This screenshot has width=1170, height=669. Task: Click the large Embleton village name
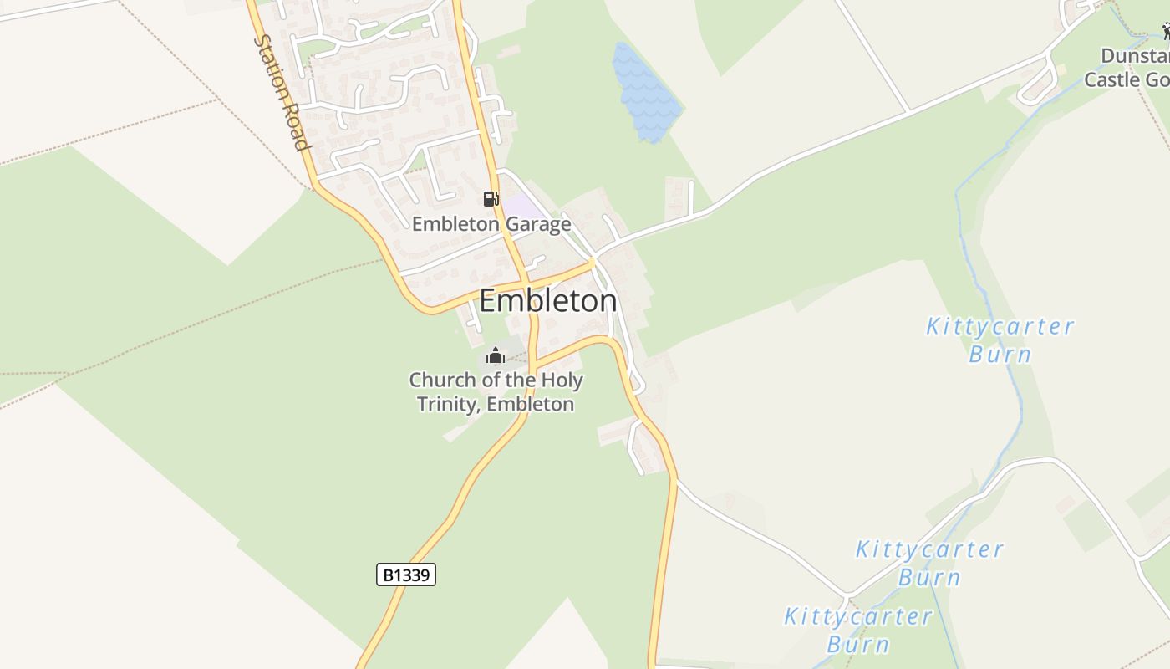tap(547, 301)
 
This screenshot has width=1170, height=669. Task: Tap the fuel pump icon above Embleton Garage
tap(491, 199)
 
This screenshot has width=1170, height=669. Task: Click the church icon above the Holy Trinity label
tap(496, 356)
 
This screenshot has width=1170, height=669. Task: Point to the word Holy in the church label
tap(561, 380)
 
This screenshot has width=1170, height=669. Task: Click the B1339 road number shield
tap(406, 575)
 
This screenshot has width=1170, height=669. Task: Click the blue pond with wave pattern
tap(643, 92)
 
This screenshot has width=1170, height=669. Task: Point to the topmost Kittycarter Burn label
tap(1000, 340)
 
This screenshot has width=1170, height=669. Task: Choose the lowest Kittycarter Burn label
tap(857, 631)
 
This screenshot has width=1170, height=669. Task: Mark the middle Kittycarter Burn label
tap(929, 563)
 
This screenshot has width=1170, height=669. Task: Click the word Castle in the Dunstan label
tap(1111, 79)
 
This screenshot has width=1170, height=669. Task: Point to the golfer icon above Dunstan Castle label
tap(1165, 32)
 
